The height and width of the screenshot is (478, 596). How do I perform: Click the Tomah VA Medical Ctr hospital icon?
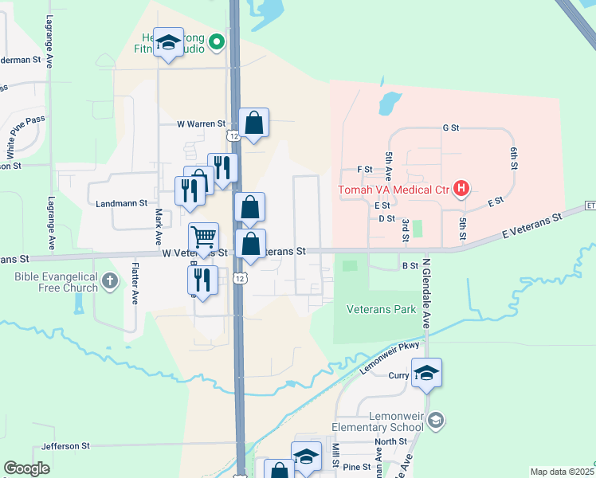click(461, 189)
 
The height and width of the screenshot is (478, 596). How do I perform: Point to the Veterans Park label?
click(382, 308)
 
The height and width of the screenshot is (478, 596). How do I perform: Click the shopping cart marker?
click(204, 237)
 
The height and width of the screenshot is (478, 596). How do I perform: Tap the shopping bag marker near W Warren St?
click(253, 123)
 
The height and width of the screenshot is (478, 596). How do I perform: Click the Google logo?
click(26, 468)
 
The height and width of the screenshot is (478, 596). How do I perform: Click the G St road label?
click(451, 127)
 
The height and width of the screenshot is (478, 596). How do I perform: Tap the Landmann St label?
click(121, 203)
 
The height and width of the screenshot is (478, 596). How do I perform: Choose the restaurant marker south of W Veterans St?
click(202, 280)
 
